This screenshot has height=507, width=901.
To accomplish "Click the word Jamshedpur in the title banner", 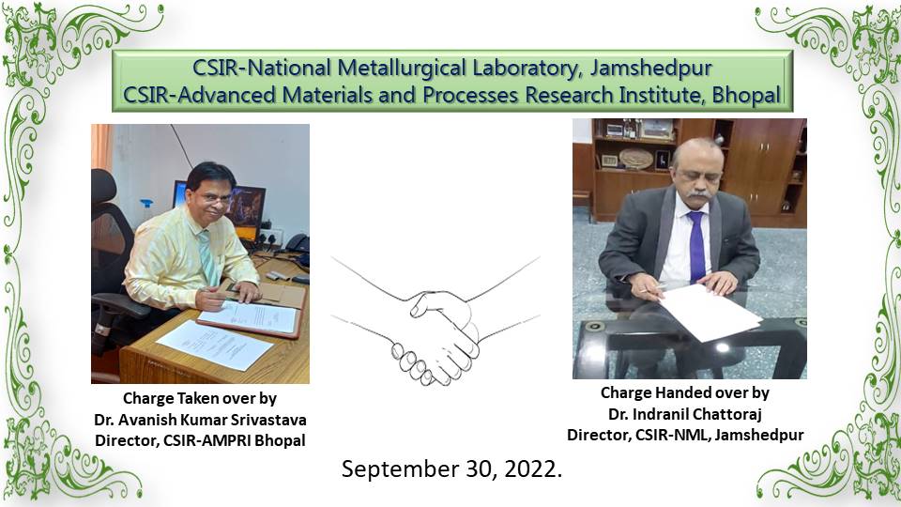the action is (x=651, y=69).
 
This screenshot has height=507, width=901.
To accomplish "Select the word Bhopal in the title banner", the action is (x=747, y=95).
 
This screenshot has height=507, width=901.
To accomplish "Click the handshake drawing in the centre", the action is (x=435, y=322).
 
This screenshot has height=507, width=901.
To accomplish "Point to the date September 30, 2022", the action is (x=451, y=469).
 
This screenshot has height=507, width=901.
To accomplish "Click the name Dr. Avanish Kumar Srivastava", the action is (x=200, y=420).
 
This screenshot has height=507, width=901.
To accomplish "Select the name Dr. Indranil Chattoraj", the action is (x=685, y=414).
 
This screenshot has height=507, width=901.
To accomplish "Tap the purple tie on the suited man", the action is (x=696, y=246).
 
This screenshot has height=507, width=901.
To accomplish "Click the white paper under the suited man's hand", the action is (x=710, y=312).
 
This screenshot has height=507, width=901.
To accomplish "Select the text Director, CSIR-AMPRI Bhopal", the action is (x=200, y=441).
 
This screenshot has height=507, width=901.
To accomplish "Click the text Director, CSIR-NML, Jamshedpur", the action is (x=685, y=435).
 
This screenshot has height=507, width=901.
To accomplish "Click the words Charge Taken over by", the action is (x=200, y=398).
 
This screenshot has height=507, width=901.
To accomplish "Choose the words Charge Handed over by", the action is (x=685, y=392).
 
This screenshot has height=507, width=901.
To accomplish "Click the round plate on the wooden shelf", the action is (x=636, y=159).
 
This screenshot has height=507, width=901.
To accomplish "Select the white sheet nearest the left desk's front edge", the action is (x=214, y=345).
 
